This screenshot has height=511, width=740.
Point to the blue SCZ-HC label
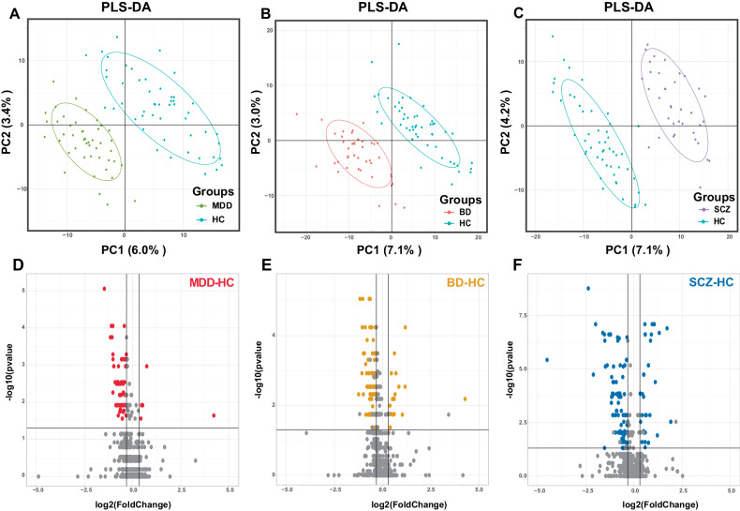(703, 283)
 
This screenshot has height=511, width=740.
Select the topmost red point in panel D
(105, 289)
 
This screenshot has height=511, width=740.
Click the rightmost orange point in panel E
(464, 399)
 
